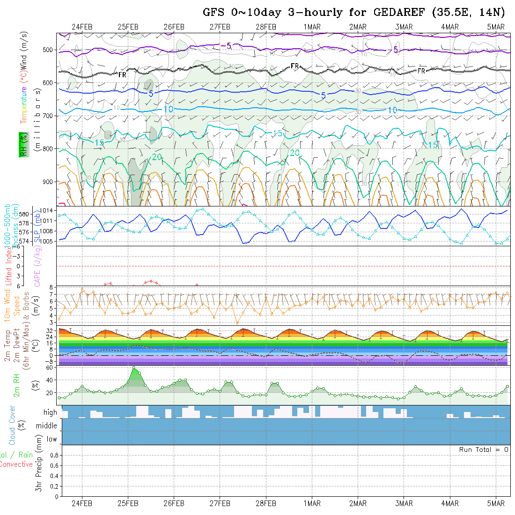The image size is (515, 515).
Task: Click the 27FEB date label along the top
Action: (x=220, y=27)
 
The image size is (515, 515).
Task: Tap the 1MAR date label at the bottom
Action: (x=312, y=503)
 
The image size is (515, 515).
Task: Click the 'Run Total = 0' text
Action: (x=484, y=449)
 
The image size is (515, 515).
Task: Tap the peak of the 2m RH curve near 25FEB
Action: (x=134, y=368)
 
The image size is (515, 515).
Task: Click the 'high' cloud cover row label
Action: (x=50, y=412)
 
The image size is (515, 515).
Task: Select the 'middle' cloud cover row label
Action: (x=47, y=426)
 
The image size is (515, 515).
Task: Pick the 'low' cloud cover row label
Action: (x=51, y=439)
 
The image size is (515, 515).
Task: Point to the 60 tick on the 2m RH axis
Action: (x=49, y=368)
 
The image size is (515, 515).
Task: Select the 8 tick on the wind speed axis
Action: (x=53, y=287)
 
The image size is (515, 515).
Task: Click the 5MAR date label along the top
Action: (x=495, y=27)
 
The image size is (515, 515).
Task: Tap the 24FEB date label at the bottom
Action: (x=82, y=503)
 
